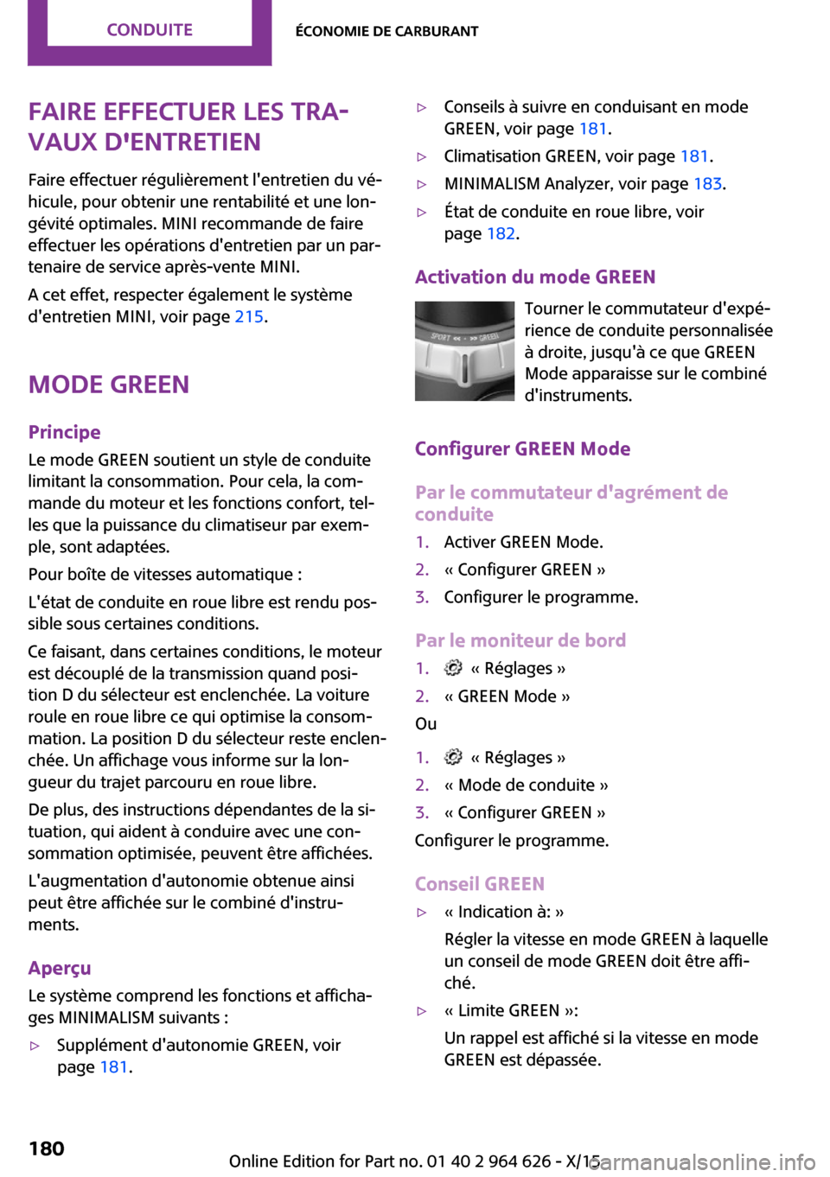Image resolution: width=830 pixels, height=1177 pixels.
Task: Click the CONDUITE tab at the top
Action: tap(150, 29)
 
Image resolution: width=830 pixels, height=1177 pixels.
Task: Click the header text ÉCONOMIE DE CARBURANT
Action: tap(386, 31)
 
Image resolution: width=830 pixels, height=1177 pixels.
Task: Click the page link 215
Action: tap(249, 316)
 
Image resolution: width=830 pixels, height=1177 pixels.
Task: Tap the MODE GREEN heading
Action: tap(109, 385)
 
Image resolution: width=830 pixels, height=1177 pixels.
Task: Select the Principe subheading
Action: tap(65, 432)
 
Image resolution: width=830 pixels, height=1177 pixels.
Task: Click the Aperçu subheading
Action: tap(60, 968)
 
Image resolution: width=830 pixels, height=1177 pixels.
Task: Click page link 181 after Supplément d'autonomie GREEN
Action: tap(114, 1066)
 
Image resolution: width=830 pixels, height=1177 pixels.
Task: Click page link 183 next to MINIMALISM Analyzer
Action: tap(707, 184)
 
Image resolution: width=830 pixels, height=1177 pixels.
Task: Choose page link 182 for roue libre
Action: tap(501, 233)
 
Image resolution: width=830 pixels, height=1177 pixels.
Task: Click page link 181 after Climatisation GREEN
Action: tap(694, 156)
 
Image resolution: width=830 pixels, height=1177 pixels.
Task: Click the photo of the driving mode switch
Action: tap(464, 351)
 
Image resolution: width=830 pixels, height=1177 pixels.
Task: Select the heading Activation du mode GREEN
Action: tap(535, 277)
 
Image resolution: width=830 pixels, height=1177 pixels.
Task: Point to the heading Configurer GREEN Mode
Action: tap(522, 449)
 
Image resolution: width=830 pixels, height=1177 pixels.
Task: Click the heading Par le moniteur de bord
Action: tap(520, 640)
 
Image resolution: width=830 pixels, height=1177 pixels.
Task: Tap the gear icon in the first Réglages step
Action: tap(453, 668)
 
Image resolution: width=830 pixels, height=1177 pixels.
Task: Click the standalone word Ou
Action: tap(425, 723)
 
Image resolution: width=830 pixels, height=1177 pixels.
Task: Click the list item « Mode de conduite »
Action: tap(526, 785)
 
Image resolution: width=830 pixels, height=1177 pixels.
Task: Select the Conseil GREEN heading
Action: tap(480, 884)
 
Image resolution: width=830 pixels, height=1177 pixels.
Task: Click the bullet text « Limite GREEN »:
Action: tap(511, 1010)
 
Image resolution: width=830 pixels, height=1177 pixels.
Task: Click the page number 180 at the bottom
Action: tap(47, 1148)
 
